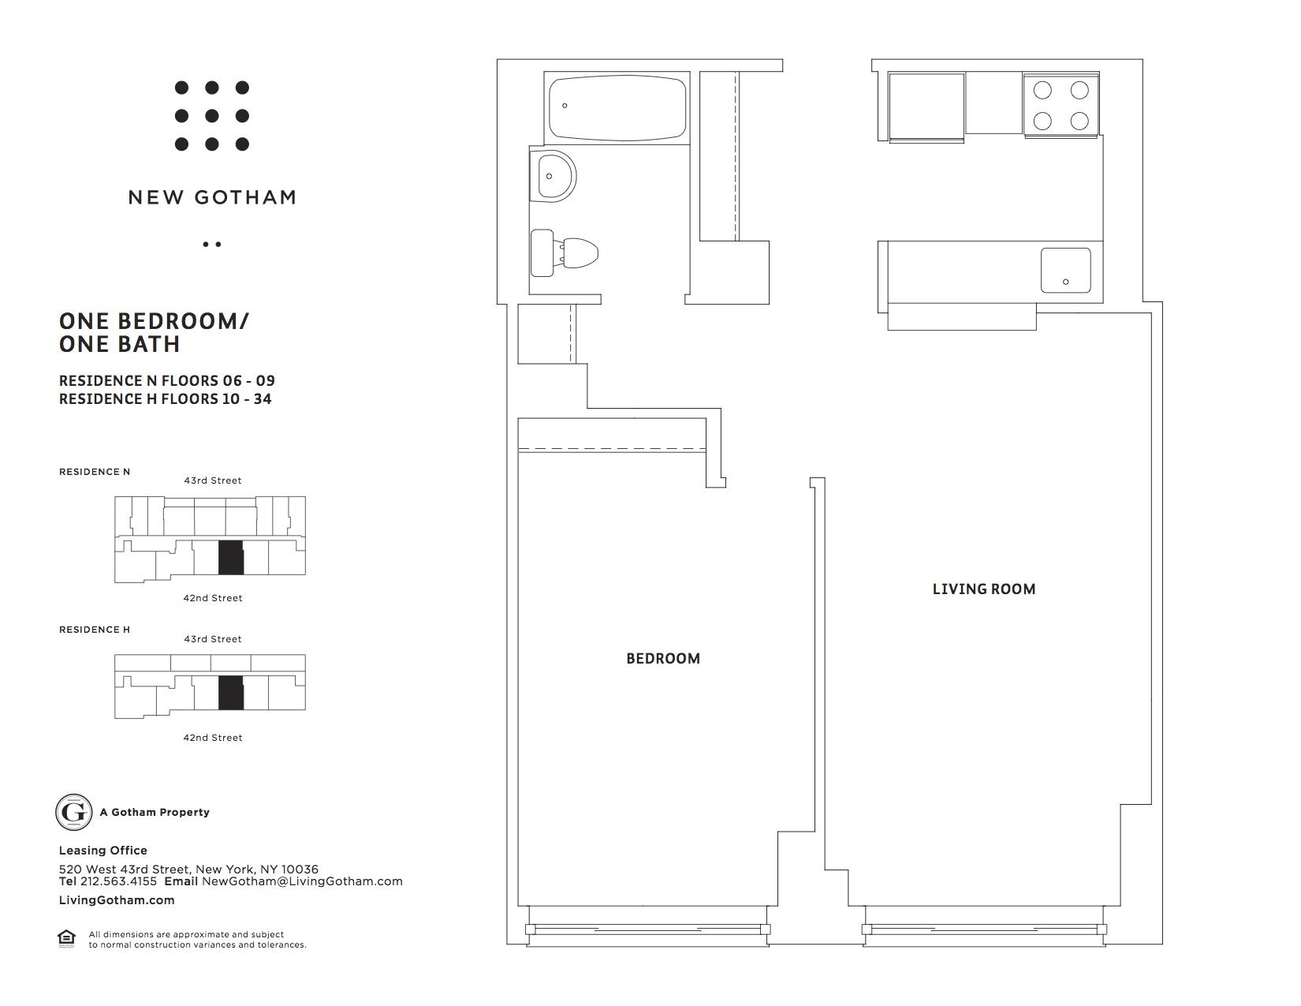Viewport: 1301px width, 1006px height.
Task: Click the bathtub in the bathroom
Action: [x=617, y=108]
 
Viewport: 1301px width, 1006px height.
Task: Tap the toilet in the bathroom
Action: [x=564, y=252]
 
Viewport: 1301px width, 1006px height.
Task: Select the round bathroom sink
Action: [x=553, y=176]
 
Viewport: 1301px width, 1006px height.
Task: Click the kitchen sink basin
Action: [x=1065, y=270]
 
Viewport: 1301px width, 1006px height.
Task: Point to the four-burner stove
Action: [x=1061, y=106]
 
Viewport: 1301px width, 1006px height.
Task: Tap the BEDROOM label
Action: [x=663, y=659]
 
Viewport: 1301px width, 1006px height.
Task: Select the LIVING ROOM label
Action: [x=984, y=589]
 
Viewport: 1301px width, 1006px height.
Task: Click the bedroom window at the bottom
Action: [x=648, y=929]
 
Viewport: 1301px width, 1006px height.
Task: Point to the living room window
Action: [x=984, y=929]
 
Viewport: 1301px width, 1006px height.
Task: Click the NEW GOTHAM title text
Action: [x=213, y=197]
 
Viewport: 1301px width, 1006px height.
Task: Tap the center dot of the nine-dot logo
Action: [x=211, y=116]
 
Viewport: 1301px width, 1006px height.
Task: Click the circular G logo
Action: [x=73, y=812]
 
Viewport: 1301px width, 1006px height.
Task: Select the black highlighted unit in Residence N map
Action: [x=231, y=557]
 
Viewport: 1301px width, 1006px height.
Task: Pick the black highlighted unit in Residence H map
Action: [x=231, y=693]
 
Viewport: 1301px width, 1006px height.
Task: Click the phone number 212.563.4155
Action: [x=118, y=881]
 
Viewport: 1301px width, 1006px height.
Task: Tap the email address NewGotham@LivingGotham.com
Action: [x=302, y=881]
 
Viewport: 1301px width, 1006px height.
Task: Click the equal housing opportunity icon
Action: [x=66, y=938]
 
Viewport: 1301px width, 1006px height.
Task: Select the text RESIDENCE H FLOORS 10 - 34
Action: [x=166, y=399]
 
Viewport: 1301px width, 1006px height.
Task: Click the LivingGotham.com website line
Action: [x=117, y=900]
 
